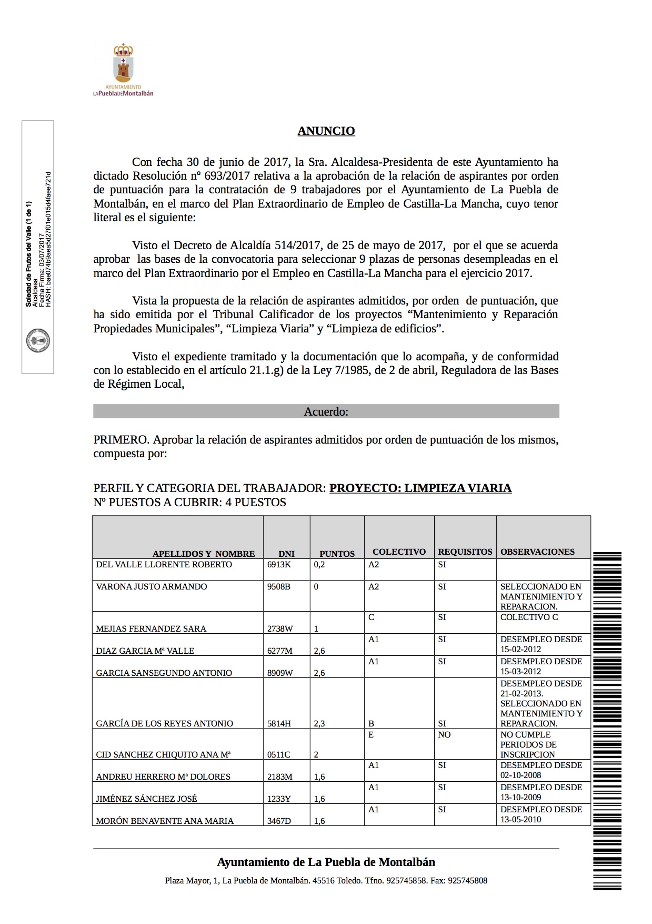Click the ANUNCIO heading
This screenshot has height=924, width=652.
(326, 131)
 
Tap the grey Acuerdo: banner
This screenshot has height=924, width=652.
(326, 411)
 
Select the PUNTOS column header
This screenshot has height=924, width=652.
(337, 554)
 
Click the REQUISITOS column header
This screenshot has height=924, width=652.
(465, 552)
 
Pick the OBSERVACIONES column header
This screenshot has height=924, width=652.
(537, 552)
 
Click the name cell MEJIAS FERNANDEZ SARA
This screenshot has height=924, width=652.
(151, 628)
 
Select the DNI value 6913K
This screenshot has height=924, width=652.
(279, 564)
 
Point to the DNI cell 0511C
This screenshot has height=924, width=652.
(278, 754)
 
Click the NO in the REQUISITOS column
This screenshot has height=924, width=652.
(444, 734)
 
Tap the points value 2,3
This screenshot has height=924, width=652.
(319, 723)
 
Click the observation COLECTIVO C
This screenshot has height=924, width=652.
(529, 617)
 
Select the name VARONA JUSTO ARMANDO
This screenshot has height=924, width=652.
(152, 586)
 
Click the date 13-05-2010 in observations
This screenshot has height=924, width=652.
(520, 819)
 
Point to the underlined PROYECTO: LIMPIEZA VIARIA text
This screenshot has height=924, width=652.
(420, 488)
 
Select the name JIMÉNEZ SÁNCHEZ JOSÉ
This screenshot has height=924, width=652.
(146, 799)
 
